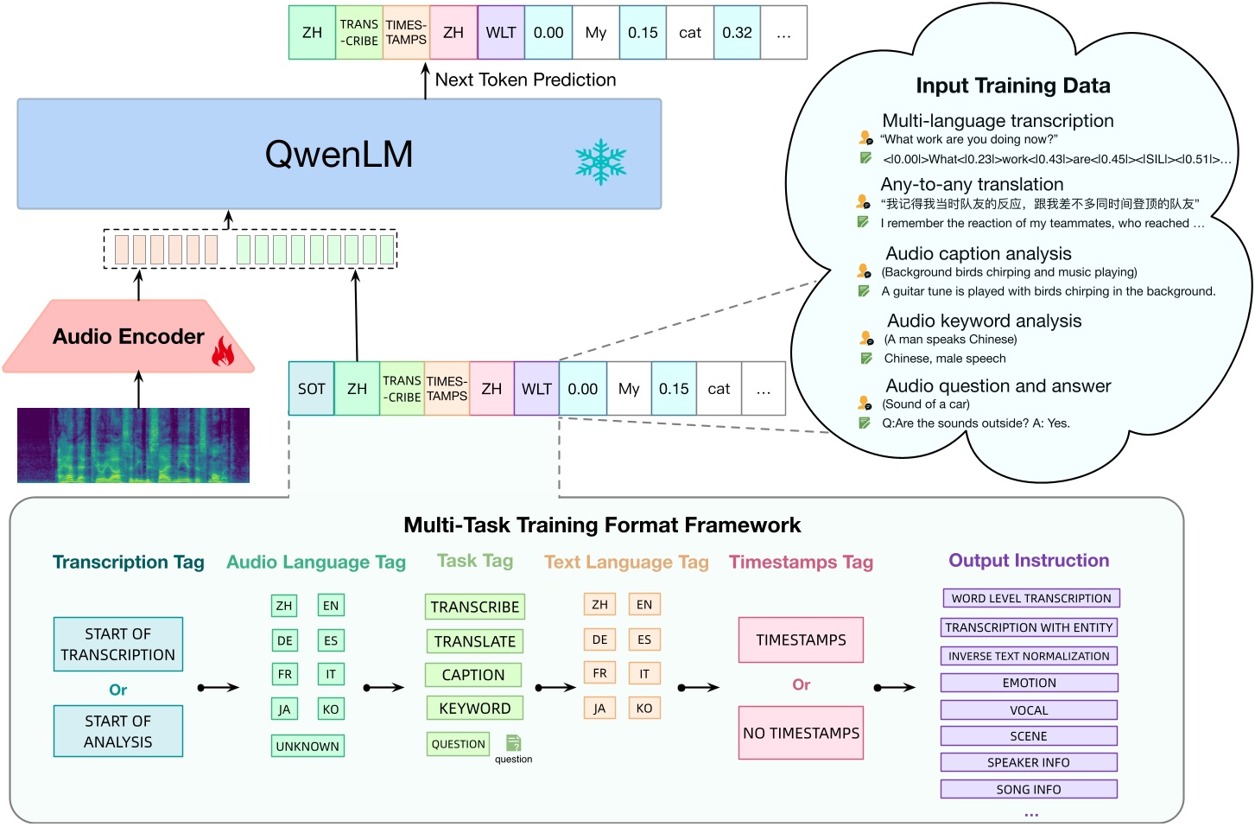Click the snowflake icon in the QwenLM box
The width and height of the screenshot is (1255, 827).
pos(600,162)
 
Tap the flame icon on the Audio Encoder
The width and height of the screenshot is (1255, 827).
pos(223,352)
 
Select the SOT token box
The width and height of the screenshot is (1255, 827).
pos(311,389)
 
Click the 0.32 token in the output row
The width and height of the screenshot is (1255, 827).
pos(737,33)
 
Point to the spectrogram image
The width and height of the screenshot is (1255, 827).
pos(133,445)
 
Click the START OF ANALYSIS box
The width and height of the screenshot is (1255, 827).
pos(118,731)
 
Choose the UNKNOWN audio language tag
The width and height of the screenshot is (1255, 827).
pos(307,746)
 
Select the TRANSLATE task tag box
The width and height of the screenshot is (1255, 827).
pos(474,641)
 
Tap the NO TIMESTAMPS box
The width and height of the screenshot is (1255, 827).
pos(801,733)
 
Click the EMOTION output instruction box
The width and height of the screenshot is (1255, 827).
pos(1029,683)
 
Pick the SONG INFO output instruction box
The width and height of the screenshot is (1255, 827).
pos(1029,789)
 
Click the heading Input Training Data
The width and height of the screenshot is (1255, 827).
pos(1012,86)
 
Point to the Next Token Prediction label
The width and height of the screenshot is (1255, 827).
pos(525,80)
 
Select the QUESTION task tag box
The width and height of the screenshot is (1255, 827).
pos(458,744)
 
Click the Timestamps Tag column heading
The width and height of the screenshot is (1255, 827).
pos(801,563)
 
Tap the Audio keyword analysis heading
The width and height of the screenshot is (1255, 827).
pos(984,321)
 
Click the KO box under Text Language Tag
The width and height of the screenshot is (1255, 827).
pos(644,708)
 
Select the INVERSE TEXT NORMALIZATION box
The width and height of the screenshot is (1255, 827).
pos(1029,656)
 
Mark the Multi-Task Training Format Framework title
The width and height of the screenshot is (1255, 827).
pos(602,525)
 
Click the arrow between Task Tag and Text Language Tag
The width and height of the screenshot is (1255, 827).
pos(555,688)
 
